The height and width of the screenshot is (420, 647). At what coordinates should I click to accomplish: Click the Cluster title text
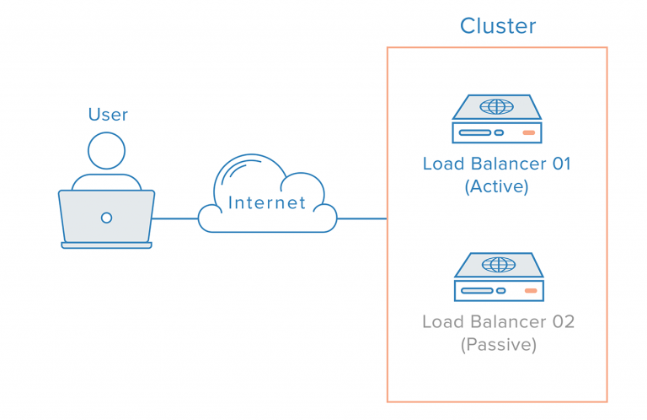[x=497, y=26]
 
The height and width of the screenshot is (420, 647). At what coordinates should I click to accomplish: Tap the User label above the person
[x=108, y=114]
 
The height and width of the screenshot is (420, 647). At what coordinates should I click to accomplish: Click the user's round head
[x=106, y=153]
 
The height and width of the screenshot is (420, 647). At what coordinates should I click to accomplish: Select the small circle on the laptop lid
[x=106, y=218]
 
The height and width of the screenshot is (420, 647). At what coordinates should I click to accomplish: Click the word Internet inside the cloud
[x=267, y=202]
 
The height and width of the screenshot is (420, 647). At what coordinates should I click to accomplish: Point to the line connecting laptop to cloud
[x=175, y=218]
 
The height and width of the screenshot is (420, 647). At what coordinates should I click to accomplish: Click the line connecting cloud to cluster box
[x=361, y=218]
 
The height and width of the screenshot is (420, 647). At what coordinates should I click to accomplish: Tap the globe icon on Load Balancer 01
[x=496, y=107]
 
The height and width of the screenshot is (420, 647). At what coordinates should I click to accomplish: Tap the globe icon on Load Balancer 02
[x=497, y=265]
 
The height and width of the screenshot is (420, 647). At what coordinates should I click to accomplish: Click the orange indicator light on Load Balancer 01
[x=528, y=132]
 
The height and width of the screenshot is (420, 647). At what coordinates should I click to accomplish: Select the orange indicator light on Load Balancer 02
[x=530, y=291]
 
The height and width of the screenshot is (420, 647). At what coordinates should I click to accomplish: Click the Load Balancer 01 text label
[x=496, y=164]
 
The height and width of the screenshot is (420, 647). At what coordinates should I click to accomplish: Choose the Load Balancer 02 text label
[x=497, y=321]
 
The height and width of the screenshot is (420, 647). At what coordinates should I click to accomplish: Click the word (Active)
[x=496, y=186]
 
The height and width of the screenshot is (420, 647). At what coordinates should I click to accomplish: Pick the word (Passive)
[x=497, y=344]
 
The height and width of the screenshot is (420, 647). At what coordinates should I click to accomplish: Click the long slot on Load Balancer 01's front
[x=475, y=132]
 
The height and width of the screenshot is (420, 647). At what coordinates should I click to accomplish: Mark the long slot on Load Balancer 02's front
[x=476, y=291]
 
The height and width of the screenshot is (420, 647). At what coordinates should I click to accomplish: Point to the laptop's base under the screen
[x=106, y=245]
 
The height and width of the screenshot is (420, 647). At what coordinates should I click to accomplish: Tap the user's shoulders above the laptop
[x=106, y=181]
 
